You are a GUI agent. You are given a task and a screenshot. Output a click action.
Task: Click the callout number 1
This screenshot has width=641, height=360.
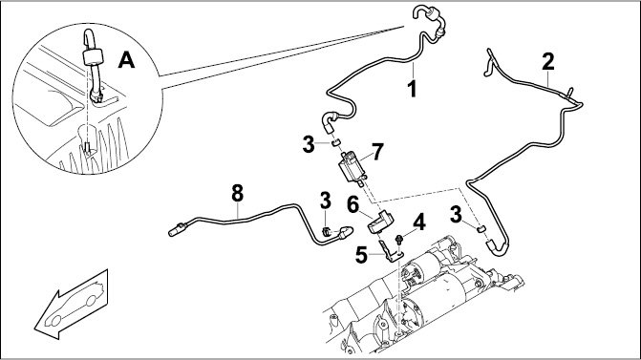pyautogui.click(x=413, y=89)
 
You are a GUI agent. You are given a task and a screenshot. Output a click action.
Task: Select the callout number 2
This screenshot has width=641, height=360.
pyautogui.click(x=548, y=62)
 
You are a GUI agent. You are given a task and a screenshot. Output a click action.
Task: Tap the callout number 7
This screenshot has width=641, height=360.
pyautogui.click(x=377, y=152)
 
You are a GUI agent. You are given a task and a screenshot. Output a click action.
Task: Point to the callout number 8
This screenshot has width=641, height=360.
pyautogui.click(x=237, y=193)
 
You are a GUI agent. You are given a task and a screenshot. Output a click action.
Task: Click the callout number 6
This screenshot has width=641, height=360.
pyautogui.click(x=353, y=204)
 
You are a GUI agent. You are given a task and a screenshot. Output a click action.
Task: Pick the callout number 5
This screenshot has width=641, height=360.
pyautogui.click(x=361, y=255)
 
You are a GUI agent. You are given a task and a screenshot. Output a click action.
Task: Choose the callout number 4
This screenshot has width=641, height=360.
pyautogui.click(x=419, y=223)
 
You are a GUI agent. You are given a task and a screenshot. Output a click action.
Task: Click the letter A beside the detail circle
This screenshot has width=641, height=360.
pyautogui.click(x=126, y=61)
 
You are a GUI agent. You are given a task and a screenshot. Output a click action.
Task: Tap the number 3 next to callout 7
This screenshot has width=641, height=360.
pyautogui.click(x=309, y=144)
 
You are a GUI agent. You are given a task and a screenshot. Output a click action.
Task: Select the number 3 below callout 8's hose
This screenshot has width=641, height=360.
pyautogui.click(x=326, y=201)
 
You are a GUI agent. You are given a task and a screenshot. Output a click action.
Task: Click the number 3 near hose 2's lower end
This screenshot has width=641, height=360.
pyautogui.click(x=456, y=215)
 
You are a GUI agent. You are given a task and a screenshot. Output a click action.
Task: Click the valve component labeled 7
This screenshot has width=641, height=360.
pyautogui.click(x=352, y=168)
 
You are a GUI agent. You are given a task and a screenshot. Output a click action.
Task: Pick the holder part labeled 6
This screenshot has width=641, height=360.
pyautogui.click(x=380, y=222)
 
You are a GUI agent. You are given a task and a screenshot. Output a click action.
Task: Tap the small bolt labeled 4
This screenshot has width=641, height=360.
pyautogui.click(x=398, y=239)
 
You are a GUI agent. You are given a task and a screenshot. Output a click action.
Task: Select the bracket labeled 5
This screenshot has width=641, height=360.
pyautogui.click(x=390, y=252)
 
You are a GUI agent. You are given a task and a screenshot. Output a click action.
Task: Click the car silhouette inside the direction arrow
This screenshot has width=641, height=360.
pyautogui.click(x=75, y=304)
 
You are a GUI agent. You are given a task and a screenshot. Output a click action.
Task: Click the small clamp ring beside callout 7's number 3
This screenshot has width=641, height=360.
pyautogui.click(x=335, y=142)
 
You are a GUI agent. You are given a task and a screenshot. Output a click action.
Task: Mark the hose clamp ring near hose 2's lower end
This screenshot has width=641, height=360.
pyautogui.click(x=481, y=228)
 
